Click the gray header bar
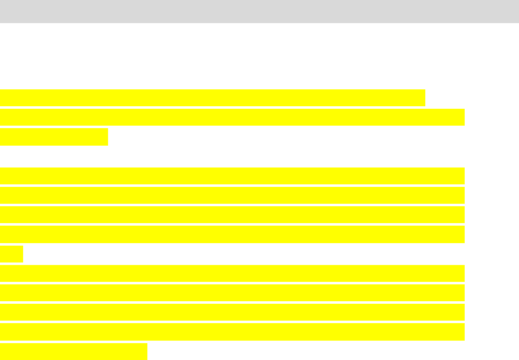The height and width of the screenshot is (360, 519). click(259, 11)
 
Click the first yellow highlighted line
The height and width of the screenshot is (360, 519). click(212, 98)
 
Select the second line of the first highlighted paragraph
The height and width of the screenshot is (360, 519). click(232, 117)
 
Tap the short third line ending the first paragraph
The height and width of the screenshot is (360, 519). click(54, 137)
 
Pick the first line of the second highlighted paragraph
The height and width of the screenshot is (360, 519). click(232, 176)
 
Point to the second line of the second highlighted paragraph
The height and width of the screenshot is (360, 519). click(232, 195)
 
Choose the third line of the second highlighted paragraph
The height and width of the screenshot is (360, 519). click(232, 214)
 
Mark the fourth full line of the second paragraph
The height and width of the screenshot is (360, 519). click(232, 234)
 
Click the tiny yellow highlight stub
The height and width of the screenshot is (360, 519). click(11, 254)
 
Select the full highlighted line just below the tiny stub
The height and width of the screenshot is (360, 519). click(232, 273)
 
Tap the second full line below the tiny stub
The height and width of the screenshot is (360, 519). click(232, 292)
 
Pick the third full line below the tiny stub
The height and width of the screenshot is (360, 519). click(232, 312)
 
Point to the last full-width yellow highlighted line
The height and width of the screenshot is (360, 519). click(232, 332)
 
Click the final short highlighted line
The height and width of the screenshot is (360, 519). click(74, 351)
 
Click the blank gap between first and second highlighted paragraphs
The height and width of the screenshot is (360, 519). click(232, 156)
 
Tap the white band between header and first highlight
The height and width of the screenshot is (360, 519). click(259, 56)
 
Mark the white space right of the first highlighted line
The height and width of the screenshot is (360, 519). click(472, 98)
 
